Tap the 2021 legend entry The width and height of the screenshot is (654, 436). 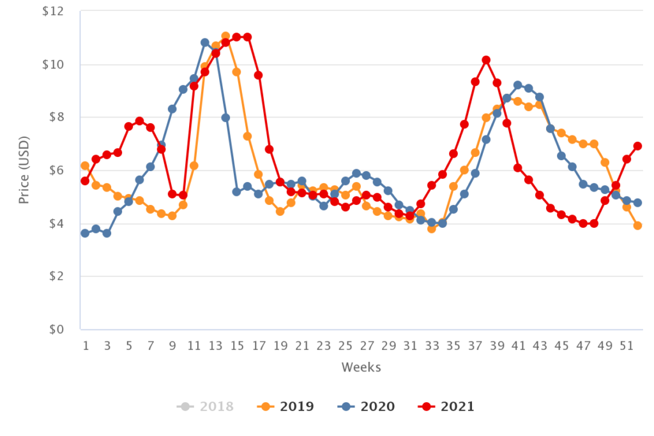[x=446, y=407]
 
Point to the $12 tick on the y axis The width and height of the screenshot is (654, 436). [x=54, y=11]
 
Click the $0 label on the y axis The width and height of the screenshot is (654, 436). [x=56, y=329]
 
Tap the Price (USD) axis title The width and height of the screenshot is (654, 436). [x=24, y=170]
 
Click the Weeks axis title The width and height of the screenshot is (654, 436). [x=361, y=367]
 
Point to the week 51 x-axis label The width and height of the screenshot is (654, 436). [x=627, y=346]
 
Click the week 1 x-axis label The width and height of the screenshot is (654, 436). [x=85, y=346]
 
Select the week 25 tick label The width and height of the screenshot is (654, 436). [x=345, y=346]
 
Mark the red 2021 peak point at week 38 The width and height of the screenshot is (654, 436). [x=486, y=60]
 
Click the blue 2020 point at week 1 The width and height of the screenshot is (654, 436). [x=85, y=233]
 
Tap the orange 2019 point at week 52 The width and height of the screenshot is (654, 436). [x=637, y=225]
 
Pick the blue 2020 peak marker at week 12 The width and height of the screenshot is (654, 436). [x=204, y=43]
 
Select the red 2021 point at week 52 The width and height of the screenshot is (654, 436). [x=637, y=146]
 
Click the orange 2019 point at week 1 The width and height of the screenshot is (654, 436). [x=85, y=166]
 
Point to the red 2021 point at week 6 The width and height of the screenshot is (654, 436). [x=139, y=121]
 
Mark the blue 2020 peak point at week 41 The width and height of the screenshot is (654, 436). [x=518, y=85]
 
